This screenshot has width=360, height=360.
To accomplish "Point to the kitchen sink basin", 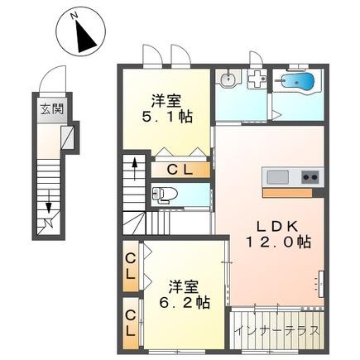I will click(276, 176).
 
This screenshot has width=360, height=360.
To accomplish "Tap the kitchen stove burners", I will click(310, 176).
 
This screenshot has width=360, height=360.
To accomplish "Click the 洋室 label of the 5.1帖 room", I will click(166, 100).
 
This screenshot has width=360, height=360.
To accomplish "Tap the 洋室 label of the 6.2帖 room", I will click(184, 286).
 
